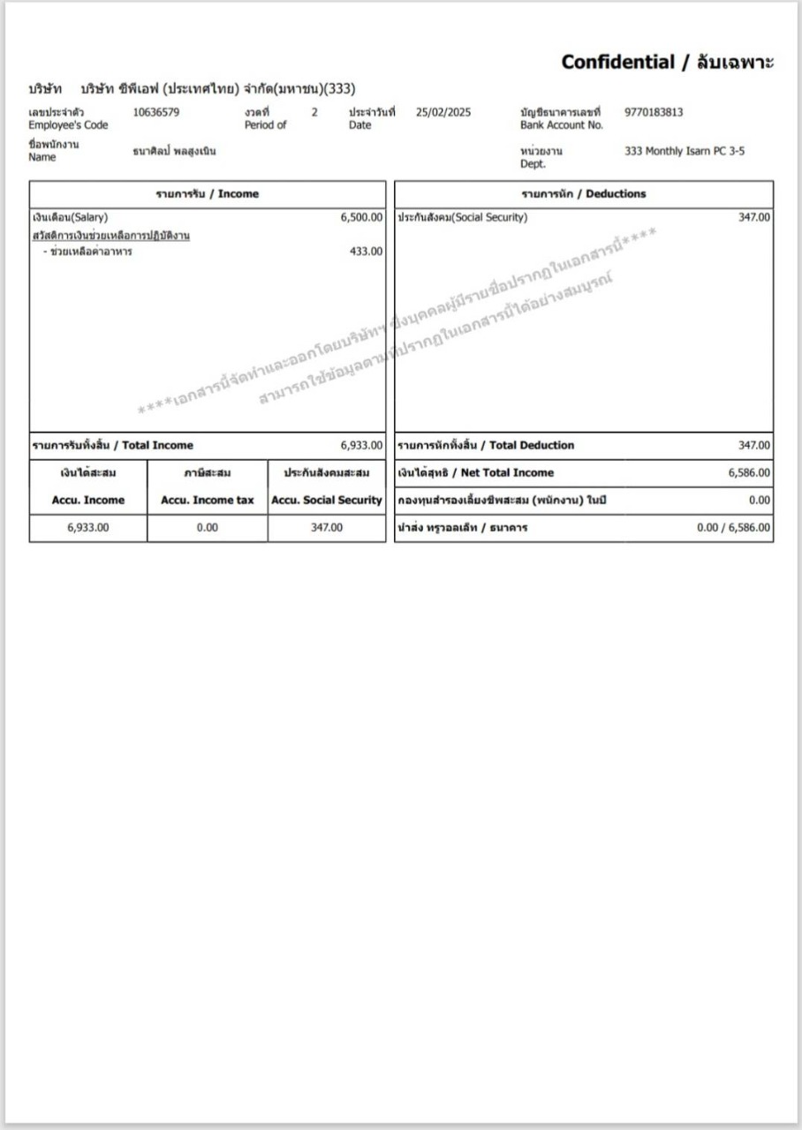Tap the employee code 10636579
pyautogui.click(x=156, y=112)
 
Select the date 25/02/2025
pyautogui.click(x=444, y=112)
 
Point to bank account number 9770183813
pyautogui.click(x=653, y=112)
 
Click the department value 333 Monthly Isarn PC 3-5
pyautogui.click(x=684, y=151)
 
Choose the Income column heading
pyautogui.click(x=207, y=194)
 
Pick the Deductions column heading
pyautogui.click(x=583, y=194)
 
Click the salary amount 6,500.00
pyautogui.click(x=362, y=217)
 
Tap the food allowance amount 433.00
pyautogui.click(x=367, y=252)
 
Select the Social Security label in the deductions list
pyautogui.click(x=462, y=217)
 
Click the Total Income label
pyautogui.click(x=112, y=446)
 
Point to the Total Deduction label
pyautogui.click(x=485, y=446)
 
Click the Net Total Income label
pyautogui.click(x=475, y=473)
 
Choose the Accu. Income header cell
pyautogui.click(x=88, y=500)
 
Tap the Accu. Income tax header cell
pyautogui.click(x=207, y=500)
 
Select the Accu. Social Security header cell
pyautogui.click(x=327, y=500)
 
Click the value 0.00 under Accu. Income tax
pyautogui.click(x=207, y=528)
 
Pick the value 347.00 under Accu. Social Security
pyautogui.click(x=327, y=528)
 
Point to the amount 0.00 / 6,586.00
pyautogui.click(x=733, y=528)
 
